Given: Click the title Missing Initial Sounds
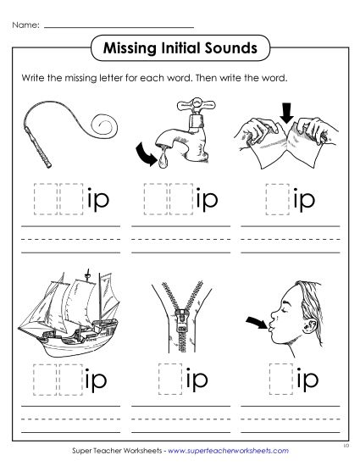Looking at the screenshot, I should coord(180,47).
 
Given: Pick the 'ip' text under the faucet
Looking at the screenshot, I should coord(207,199).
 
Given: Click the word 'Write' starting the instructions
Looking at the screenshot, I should coord(31,77).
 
